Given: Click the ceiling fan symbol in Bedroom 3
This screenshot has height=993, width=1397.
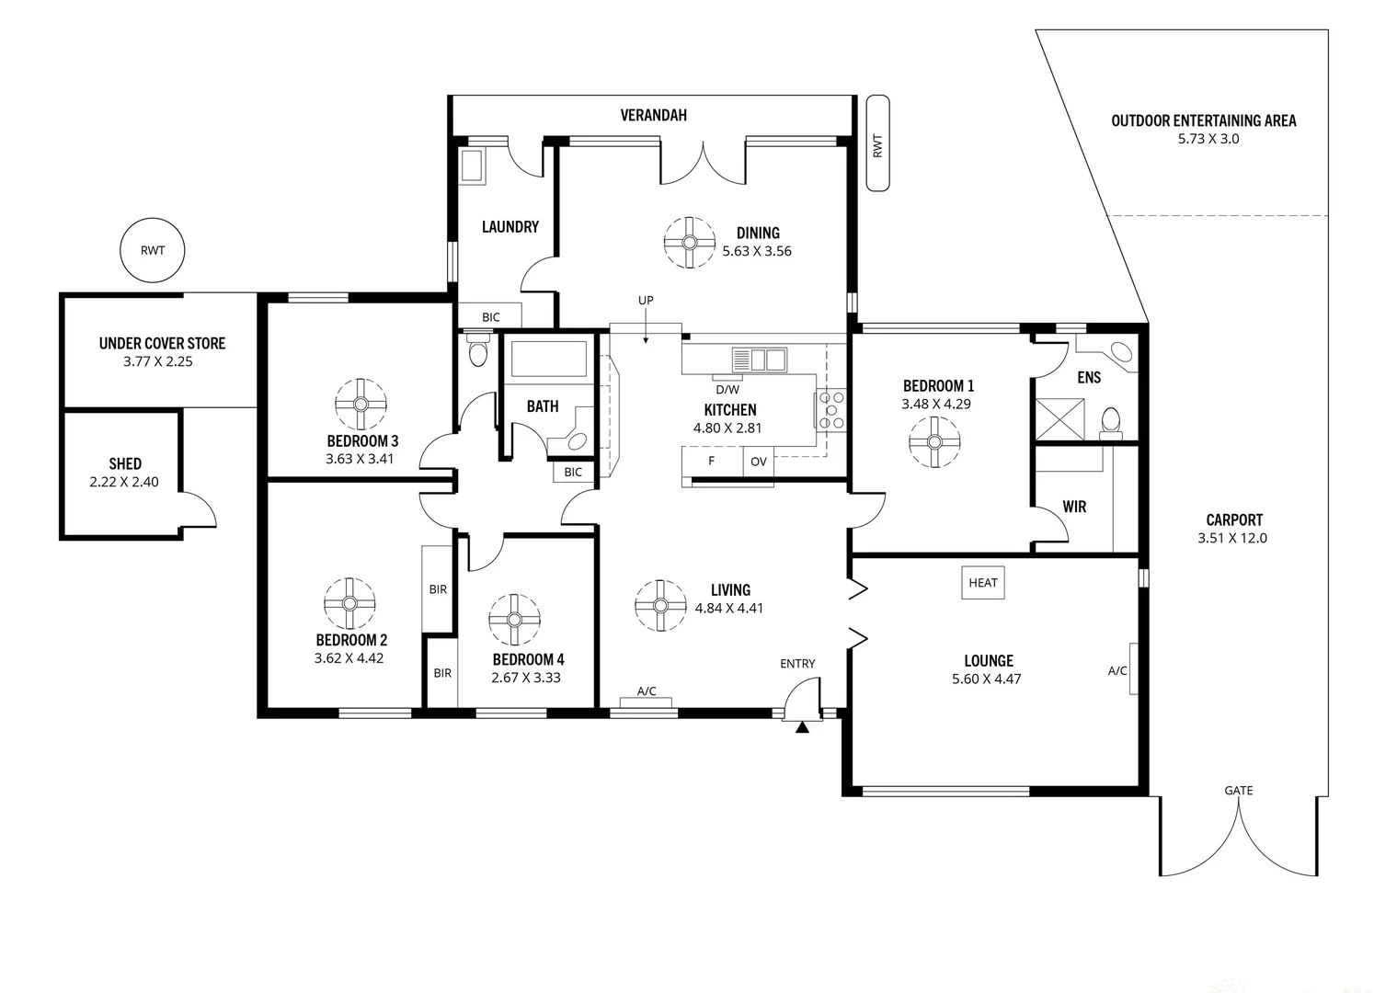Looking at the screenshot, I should [361, 405].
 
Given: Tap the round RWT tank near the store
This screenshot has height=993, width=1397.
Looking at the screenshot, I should [153, 250].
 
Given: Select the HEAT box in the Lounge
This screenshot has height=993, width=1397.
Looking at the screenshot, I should [982, 582].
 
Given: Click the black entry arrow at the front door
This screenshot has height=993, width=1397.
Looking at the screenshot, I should [802, 727].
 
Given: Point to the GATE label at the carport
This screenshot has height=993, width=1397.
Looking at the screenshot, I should [1238, 790].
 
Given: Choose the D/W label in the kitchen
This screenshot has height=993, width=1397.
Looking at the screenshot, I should [727, 389].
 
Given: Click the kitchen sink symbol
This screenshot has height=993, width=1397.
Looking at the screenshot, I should [759, 359].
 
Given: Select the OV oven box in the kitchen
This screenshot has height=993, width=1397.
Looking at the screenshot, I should [758, 462].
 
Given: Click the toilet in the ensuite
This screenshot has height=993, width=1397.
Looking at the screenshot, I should [1111, 420].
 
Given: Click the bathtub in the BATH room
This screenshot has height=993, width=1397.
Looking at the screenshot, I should [548, 359].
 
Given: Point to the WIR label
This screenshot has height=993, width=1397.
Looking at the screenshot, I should [1074, 507].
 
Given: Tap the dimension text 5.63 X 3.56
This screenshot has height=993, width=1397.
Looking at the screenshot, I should [756, 251].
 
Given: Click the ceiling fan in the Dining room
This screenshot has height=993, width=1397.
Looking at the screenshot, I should [689, 243].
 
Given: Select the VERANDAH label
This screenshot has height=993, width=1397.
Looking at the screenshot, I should [653, 115].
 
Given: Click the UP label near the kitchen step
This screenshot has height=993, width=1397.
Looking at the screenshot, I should [646, 301].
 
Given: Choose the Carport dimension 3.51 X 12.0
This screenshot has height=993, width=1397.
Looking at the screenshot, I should [1231, 538].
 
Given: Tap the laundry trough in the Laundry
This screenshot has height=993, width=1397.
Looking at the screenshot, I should [473, 166].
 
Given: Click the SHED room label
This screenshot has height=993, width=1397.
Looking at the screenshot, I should [125, 463].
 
